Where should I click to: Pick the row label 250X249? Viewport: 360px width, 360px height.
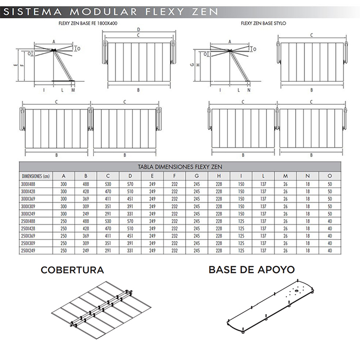point(30,250)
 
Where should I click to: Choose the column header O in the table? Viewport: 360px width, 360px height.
point(329,175)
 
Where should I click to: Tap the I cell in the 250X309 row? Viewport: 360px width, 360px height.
point(240,243)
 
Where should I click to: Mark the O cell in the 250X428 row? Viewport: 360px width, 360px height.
point(329,228)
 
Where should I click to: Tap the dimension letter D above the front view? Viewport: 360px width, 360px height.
point(138,29)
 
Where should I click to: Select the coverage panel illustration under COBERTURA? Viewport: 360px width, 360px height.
point(102,309)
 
